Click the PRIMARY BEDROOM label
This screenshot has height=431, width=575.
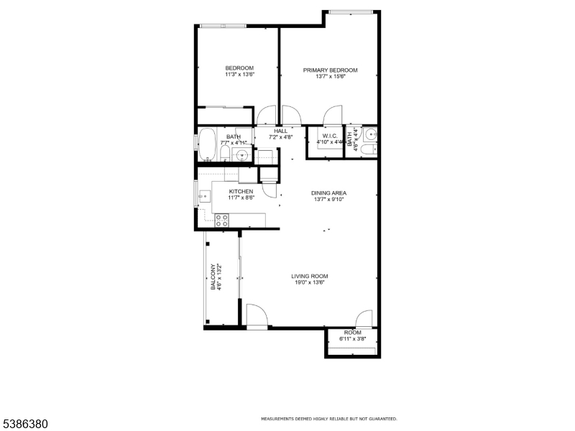(330, 70)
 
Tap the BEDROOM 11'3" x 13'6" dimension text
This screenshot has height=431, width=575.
(239, 74)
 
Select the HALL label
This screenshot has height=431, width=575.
(280, 131)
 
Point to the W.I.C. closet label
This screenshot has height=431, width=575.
(330, 136)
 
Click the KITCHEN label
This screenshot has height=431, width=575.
(241, 192)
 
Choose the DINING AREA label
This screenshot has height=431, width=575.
(328, 193)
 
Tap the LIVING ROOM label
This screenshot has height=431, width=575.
(309, 277)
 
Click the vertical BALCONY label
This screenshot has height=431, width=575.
(213, 277)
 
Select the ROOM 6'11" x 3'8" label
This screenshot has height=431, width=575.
(352, 333)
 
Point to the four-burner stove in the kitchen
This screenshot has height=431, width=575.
(222, 221)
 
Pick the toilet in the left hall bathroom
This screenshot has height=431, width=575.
(224, 154)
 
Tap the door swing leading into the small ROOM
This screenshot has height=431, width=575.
(364, 319)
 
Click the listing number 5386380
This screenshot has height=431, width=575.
(25, 424)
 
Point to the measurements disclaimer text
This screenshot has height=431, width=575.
(328, 419)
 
